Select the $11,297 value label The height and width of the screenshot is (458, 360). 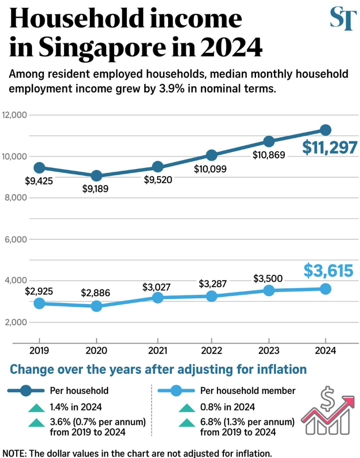[x=330, y=148]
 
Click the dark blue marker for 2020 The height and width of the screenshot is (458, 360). [x=96, y=176]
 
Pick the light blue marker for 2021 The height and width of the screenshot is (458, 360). [x=158, y=298]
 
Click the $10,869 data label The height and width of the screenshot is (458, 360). [x=269, y=155]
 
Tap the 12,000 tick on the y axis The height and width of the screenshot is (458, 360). [x=15, y=114]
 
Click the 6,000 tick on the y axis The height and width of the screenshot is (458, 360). [x=16, y=239]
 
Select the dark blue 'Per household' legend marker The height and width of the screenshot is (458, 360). [x=26, y=391]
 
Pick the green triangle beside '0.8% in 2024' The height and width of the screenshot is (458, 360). [x=187, y=407]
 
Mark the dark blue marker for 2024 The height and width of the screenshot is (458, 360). [x=326, y=130]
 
